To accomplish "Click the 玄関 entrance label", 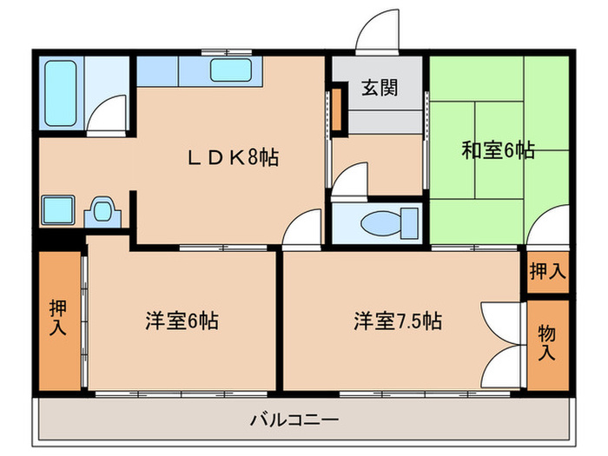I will (x=380, y=89).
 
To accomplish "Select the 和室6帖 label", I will (x=497, y=150).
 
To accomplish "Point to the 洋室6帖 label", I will (x=181, y=321).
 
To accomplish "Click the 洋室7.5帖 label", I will (x=397, y=321).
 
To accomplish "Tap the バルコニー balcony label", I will (x=294, y=420).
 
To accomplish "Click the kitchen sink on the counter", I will (x=230, y=69).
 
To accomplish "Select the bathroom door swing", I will (x=110, y=116).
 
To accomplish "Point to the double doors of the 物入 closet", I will (x=500, y=334).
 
